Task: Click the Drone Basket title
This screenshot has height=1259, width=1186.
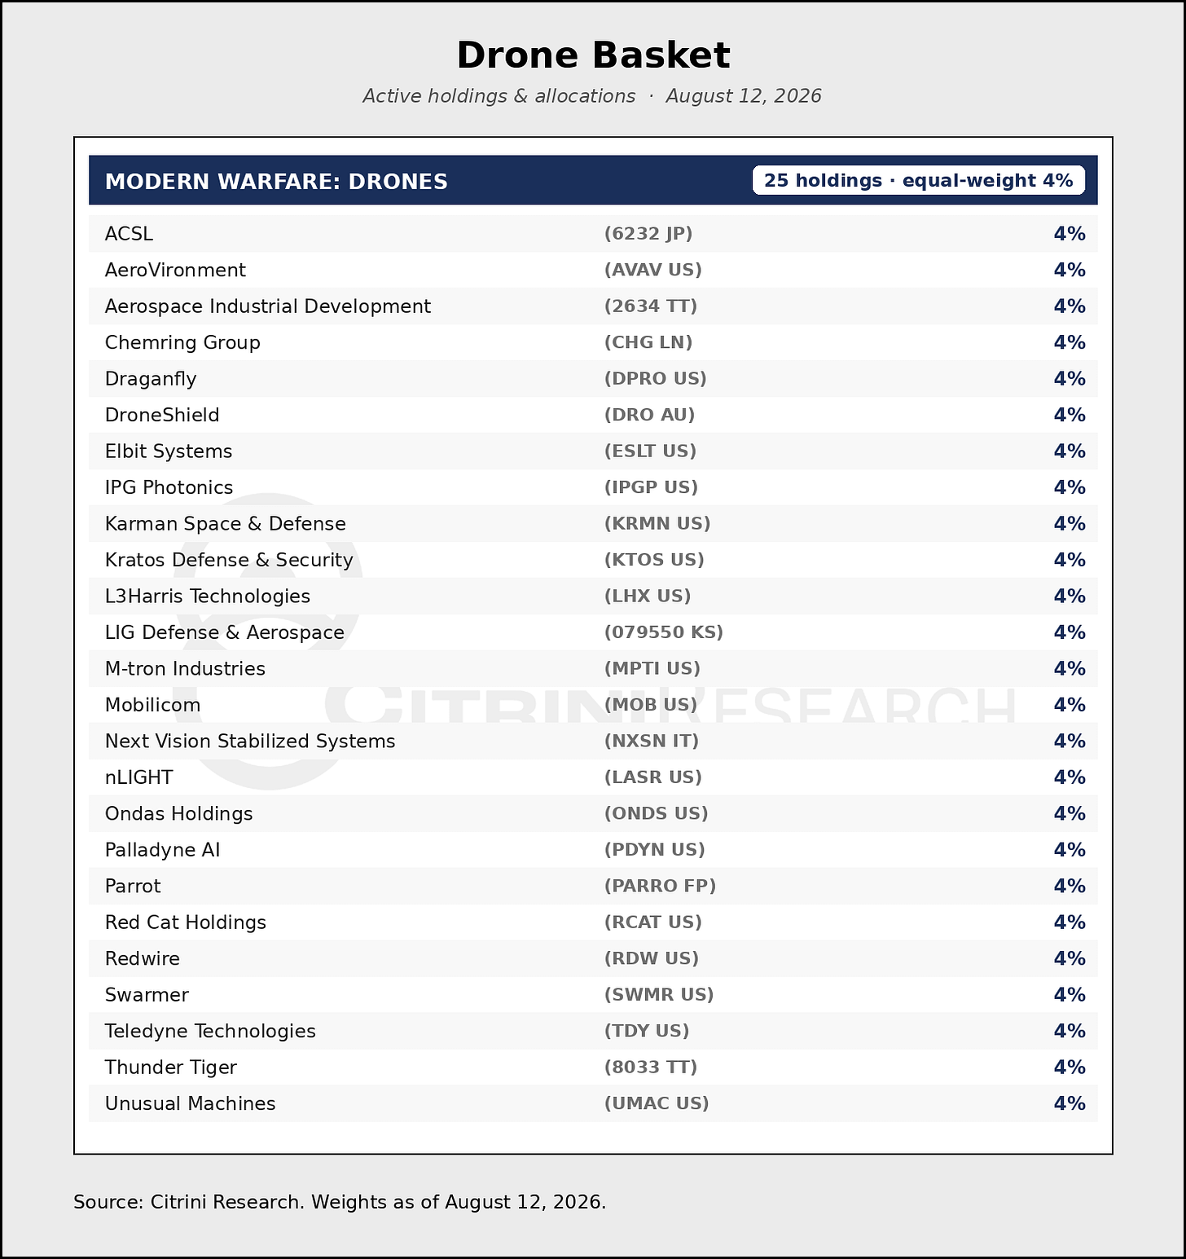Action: [593, 55]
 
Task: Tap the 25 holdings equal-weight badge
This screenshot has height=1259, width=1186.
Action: [918, 180]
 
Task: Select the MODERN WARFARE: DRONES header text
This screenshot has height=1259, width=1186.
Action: [276, 181]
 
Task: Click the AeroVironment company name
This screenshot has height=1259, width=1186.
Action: [175, 270]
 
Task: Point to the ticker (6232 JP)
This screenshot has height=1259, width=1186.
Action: [648, 234]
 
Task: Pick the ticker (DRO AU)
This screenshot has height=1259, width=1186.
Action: [649, 415]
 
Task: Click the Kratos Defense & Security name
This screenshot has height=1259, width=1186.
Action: [229, 560]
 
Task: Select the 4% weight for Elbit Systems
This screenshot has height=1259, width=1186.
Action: [1070, 451]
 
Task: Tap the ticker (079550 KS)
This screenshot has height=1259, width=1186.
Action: [664, 632]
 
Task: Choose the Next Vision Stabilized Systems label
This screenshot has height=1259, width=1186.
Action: [250, 741]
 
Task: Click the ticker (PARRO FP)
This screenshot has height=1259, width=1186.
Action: [660, 886]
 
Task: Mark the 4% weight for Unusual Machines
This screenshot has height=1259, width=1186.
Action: [1070, 1103]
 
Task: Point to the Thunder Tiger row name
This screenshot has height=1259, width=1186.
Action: [171, 1068]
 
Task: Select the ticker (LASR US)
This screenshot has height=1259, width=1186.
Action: [652, 777]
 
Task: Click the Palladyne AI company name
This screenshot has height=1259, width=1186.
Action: [163, 850]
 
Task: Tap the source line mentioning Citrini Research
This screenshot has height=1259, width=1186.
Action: [340, 1202]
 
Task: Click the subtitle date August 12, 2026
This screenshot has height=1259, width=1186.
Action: [744, 96]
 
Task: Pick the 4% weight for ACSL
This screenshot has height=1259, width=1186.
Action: [1070, 234]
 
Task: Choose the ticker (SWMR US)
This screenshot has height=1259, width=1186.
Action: [659, 995]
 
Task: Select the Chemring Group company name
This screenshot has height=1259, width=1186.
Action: [182, 342]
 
